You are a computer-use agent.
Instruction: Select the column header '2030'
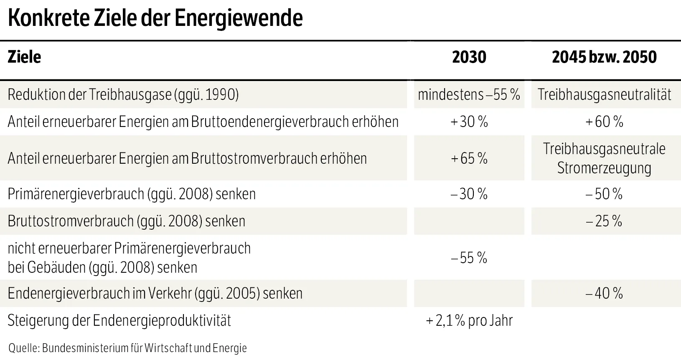coord(469,57)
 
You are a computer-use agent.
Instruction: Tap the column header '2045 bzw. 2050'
coord(604,57)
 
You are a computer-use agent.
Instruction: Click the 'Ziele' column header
coord(24,57)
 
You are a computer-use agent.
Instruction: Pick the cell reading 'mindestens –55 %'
coord(469,95)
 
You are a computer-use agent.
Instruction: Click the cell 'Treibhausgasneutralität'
coord(604,95)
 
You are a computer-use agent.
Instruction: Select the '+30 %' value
coord(469,122)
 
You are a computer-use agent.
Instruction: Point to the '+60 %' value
coord(604,122)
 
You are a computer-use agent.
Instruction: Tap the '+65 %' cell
coord(469,159)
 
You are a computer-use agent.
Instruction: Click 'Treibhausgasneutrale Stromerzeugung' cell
coord(604,159)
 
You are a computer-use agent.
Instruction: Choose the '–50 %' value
coord(604,194)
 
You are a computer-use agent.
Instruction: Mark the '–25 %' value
coord(604,221)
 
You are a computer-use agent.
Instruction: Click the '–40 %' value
coord(604,294)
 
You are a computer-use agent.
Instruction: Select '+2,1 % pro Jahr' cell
coord(469,321)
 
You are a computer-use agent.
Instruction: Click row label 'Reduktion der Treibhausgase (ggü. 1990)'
coord(123,95)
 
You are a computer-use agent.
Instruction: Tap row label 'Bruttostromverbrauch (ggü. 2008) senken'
coord(126,221)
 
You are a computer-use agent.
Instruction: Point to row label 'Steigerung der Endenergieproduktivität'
coord(119,321)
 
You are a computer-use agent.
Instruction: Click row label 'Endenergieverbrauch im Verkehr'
coord(155,294)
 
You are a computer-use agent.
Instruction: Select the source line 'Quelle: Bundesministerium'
coord(127,348)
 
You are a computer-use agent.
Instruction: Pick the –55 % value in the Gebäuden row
coord(469,258)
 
